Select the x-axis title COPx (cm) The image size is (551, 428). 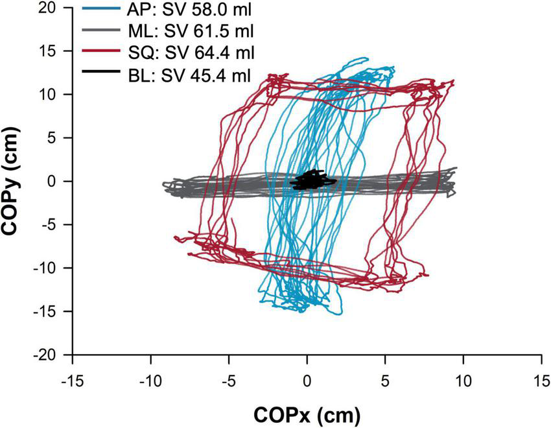coord(307,413)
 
